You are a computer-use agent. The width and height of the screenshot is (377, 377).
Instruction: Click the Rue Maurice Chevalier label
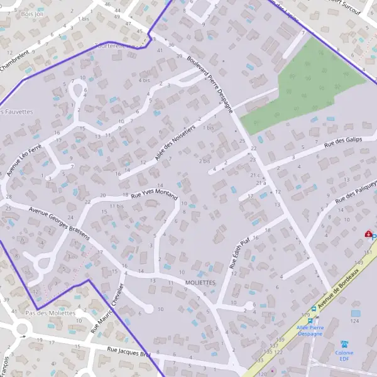[108, 306]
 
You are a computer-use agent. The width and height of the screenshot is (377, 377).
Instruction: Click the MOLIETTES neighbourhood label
[200, 283]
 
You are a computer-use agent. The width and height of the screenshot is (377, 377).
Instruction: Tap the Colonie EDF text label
[344, 356]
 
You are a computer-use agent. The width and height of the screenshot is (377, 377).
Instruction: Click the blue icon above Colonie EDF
[344, 344]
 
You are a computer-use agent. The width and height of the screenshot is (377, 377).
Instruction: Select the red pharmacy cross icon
[368, 234]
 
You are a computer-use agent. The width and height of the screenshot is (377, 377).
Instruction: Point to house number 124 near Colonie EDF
[354, 321]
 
